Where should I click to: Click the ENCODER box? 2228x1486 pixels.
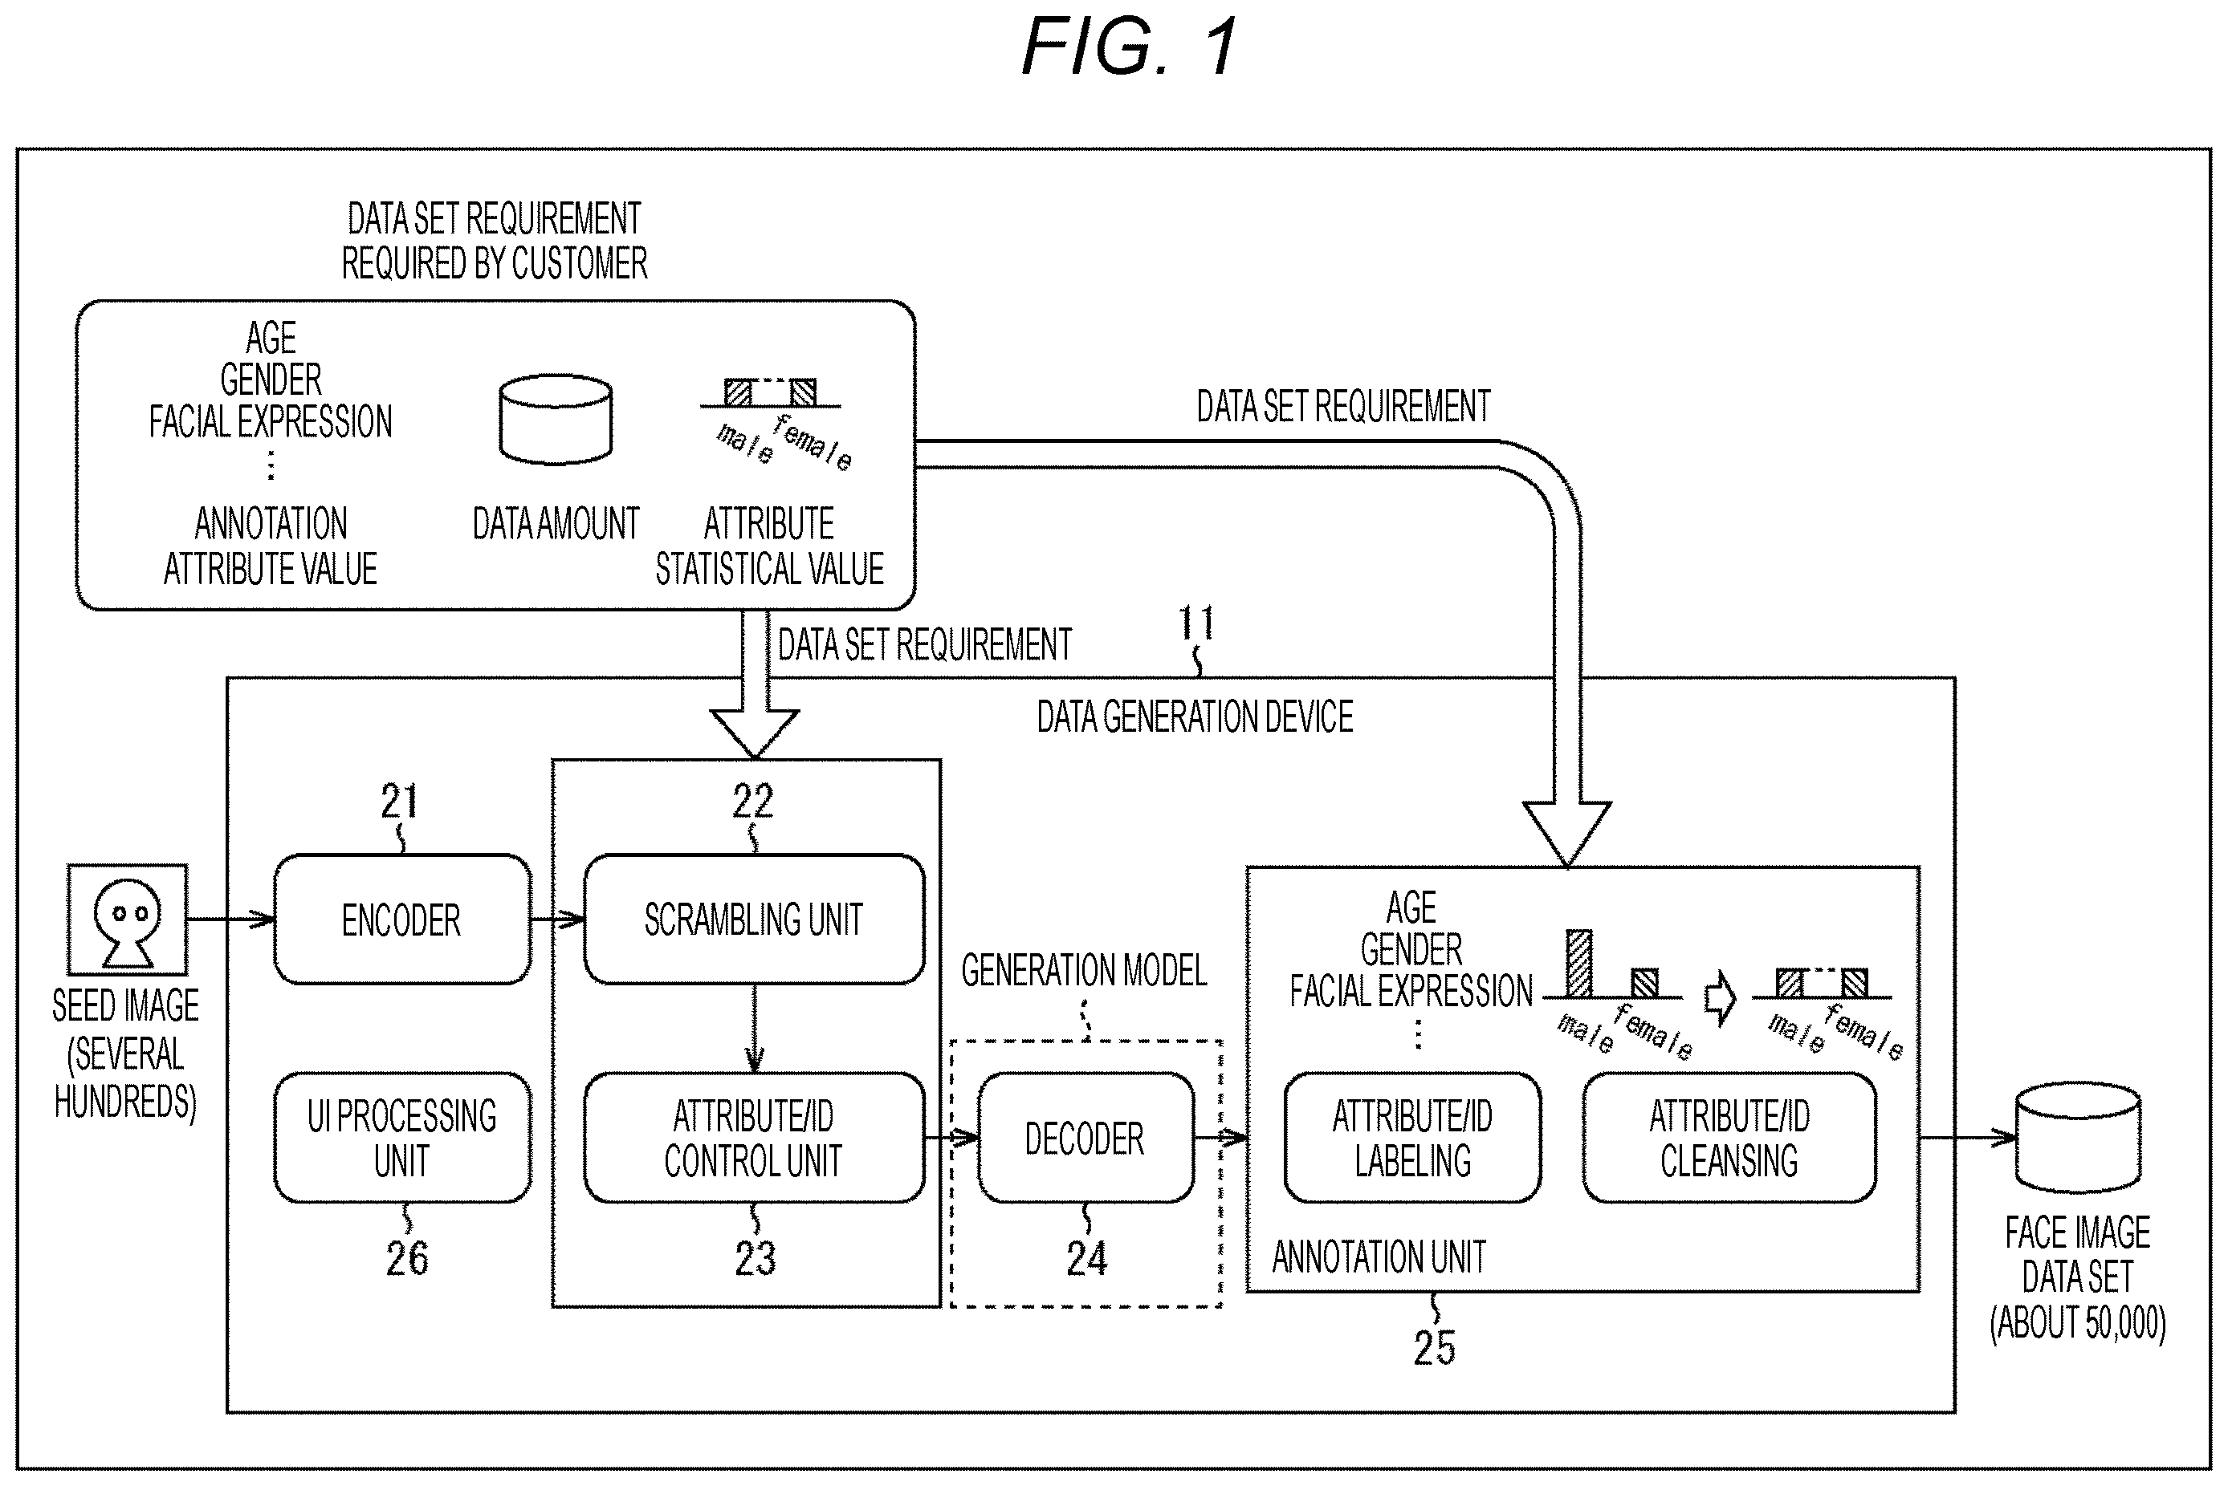point(402,920)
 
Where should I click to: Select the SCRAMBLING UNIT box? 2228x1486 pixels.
point(754,920)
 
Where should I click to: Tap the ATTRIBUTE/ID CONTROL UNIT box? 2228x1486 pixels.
point(754,1137)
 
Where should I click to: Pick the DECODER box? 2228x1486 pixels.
point(1085,1137)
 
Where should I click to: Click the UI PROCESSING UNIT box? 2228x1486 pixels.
point(402,1137)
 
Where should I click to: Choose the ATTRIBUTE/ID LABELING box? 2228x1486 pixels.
point(1412,1137)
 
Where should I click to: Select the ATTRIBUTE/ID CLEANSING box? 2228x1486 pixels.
point(1729,1137)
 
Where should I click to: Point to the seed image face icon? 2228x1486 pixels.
point(127,920)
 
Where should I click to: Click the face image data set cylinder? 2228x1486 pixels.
point(2077,1137)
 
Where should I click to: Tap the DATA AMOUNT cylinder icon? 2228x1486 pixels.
point(556,420)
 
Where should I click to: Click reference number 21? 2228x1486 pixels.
point(399,802)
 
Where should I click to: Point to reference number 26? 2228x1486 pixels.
point(407,1259)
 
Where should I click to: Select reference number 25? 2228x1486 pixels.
point(1435,1348)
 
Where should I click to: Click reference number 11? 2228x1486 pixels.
point(1195,623)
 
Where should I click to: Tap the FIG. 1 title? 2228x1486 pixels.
point(1130,47)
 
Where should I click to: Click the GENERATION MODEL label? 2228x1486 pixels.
point(1084,970)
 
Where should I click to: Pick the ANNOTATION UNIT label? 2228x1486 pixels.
point(1379,1257)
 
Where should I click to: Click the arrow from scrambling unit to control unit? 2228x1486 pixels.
point(755,1029)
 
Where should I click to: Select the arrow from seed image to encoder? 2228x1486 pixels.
point(230,920)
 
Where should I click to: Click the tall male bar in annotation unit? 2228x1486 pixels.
point(1579,963)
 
